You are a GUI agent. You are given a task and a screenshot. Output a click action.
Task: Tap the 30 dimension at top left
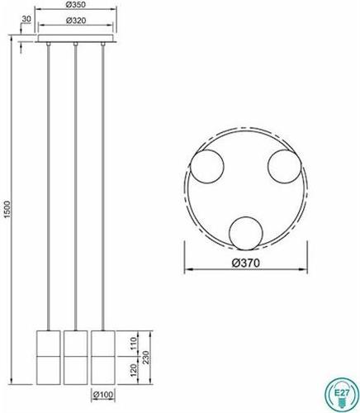27,19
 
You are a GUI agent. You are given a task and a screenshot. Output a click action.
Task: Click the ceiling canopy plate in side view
75,39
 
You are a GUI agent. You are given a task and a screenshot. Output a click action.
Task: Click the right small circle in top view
286,169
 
